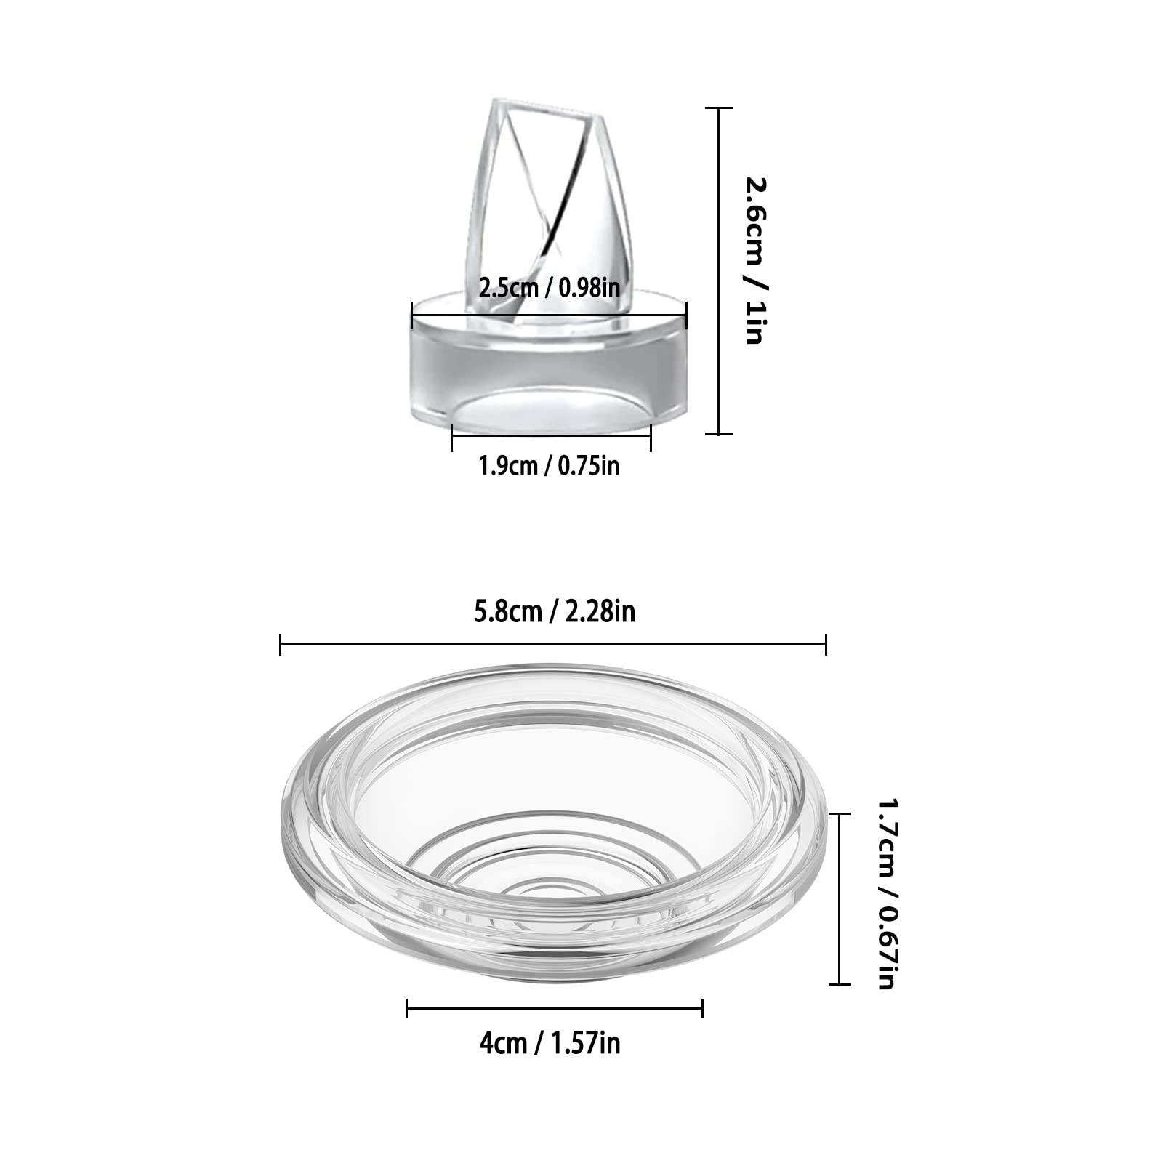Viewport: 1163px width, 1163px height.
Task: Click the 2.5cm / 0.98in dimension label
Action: click(549, 288)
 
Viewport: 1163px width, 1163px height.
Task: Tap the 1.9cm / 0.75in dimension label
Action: click(549, 465)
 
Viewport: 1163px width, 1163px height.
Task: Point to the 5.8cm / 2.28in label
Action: click(554, 612)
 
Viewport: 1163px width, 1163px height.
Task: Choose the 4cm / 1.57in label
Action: click(550, 1044)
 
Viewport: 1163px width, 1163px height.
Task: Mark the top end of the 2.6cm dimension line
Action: click(720, 108)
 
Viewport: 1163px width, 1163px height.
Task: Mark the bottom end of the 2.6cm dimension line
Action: click(720, 434)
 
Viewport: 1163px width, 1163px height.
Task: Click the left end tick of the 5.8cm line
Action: click(281, 643)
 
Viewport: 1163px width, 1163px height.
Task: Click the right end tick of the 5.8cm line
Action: click(826, 643)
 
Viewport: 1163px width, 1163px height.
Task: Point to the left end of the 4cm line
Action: click(407, 1007)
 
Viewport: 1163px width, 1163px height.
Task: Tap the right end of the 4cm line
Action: click(702, 1007)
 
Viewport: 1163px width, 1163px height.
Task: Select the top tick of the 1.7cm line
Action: click(840, 814)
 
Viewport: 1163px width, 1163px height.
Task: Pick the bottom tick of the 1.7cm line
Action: click(840, 984)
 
